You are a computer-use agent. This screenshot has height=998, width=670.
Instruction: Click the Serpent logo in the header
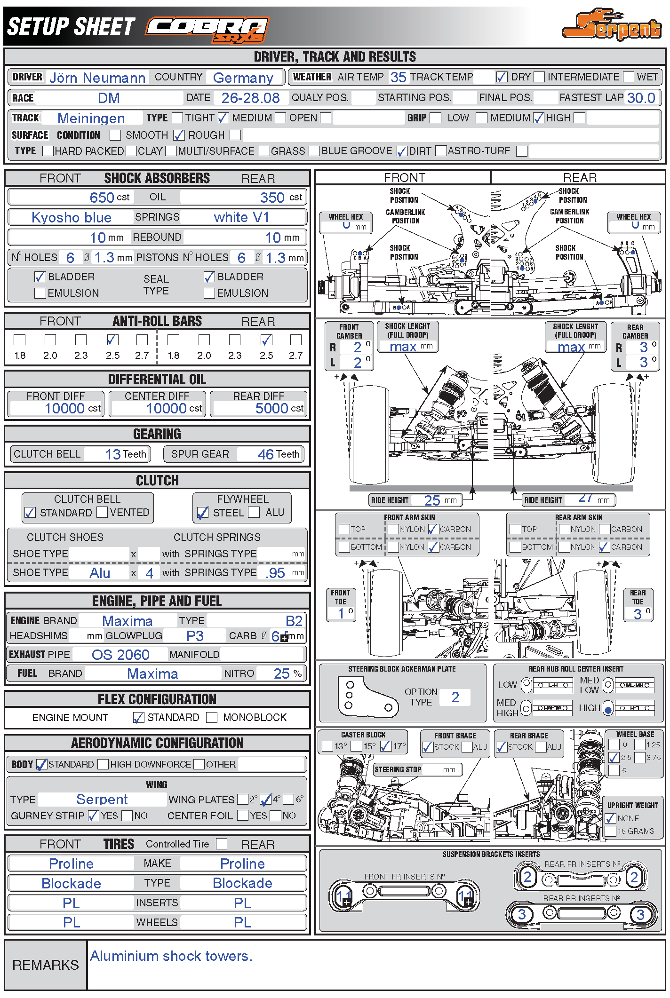(612, 26)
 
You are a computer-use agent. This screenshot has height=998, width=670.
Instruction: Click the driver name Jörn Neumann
(97, 78)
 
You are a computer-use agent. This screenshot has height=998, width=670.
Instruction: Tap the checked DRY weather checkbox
(502, 77)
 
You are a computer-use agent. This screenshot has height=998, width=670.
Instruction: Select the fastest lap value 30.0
(641, 98)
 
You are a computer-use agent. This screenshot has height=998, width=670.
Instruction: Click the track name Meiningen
(91, 118)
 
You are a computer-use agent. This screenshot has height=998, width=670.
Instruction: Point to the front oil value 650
(102, 198)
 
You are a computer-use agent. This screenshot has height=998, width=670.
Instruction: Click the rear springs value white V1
(241, 217)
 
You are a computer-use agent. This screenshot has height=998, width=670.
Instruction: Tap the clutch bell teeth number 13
(113, 454)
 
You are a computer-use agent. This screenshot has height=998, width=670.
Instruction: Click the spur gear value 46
(266, 454)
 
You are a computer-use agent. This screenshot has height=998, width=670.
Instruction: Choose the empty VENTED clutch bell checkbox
(102, 512)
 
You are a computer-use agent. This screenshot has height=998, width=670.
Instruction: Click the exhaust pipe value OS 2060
(120, 655)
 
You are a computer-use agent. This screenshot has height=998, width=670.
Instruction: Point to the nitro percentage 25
(281, 673)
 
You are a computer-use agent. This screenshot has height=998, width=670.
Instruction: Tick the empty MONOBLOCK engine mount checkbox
(212, 718)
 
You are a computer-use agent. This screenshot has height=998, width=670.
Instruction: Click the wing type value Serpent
(102, 800)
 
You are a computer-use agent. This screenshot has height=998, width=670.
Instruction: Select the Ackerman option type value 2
(455, 697)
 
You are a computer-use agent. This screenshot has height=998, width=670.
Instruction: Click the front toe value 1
(341, 613)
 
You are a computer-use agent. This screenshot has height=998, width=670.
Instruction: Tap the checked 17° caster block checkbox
(386, 746)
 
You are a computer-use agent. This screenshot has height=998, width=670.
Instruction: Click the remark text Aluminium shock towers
(171, 956)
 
